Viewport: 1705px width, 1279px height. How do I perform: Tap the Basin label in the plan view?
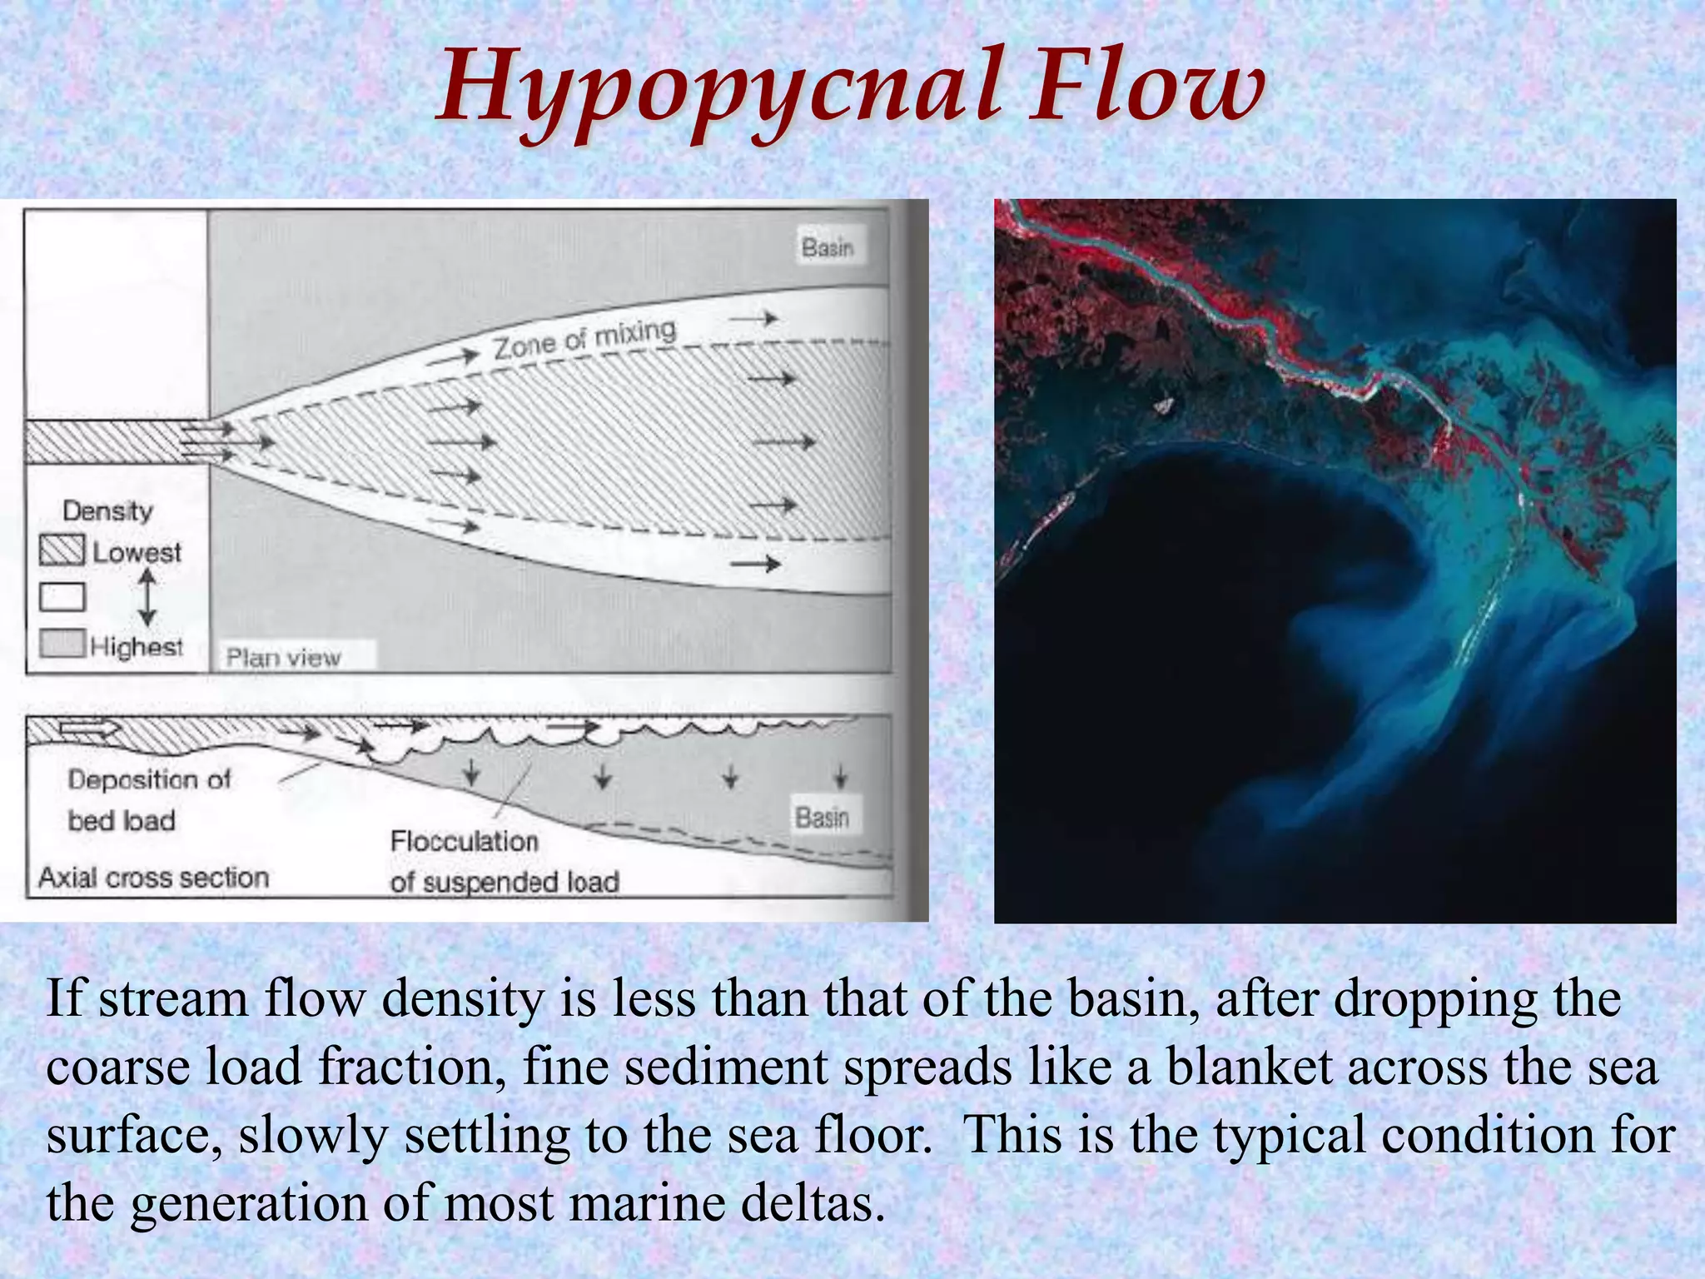(x=828, y=247)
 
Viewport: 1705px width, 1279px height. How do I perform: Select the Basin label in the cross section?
(x=822, y=818)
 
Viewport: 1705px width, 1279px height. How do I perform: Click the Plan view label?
(x=284, y=658)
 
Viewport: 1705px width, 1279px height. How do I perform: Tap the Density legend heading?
(x=108, y=510)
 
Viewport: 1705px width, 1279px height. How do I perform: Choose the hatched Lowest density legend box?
(x=62, y=550)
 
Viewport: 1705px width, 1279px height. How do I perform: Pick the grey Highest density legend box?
(x=62, y=644)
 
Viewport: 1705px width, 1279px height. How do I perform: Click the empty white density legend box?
(x=62, y=597)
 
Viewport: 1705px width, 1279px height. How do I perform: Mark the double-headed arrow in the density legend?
(x=147, y=597)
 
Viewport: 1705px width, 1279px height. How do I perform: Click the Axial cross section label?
(x=154, y=878)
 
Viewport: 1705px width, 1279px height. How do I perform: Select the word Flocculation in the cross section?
(x=465, y=841)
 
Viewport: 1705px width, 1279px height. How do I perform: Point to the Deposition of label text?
(x=149, y=779)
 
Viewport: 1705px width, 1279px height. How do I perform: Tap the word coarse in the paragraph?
(x=117, y=1067)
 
